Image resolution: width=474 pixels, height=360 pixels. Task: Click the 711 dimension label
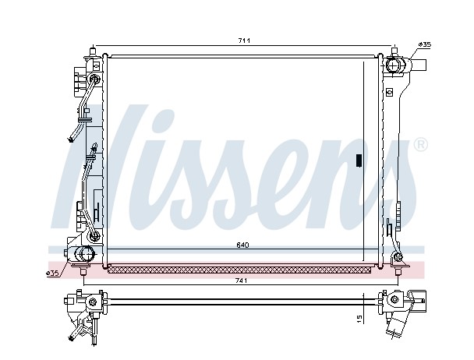(244, 41)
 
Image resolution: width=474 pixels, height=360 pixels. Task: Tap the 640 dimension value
(242, 245)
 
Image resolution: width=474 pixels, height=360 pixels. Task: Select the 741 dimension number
(241, 281)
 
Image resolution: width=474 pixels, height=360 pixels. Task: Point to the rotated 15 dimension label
(359, 319)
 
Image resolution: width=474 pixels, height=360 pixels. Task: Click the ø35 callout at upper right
(425, 44)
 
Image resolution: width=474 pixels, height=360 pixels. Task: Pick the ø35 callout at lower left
(51, 274)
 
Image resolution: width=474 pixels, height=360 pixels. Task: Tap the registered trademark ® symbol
(420, 145)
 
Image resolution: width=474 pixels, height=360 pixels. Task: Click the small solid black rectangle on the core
(359, 161)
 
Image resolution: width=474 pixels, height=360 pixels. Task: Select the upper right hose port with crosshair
(394, 65)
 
